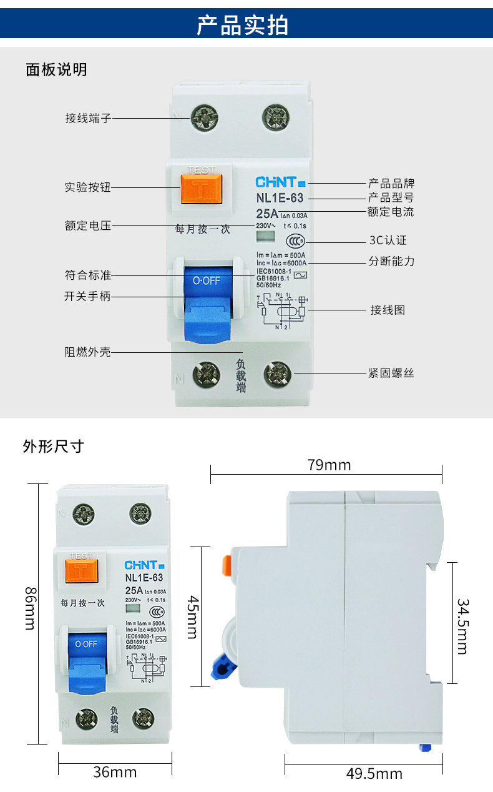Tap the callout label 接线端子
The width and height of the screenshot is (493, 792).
click(x=88, y=118)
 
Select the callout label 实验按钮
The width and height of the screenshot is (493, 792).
click(x=88, y=187)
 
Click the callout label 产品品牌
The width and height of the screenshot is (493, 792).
click(x=391, y=184)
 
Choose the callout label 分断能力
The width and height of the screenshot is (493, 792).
click(x=391, y=261)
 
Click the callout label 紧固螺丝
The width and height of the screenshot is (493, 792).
click(x=391, y=374)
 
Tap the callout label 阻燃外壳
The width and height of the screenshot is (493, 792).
click(x=88, y=352)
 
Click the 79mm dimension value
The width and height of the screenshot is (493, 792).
click(x=329, y=465)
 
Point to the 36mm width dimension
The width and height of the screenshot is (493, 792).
click(x=115, y=772)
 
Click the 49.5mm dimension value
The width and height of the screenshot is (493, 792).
click(x=374, y=775)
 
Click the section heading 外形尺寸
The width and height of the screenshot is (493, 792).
click(x=53, y=447)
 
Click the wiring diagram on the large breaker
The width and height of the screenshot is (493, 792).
click(x=281, y=310)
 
